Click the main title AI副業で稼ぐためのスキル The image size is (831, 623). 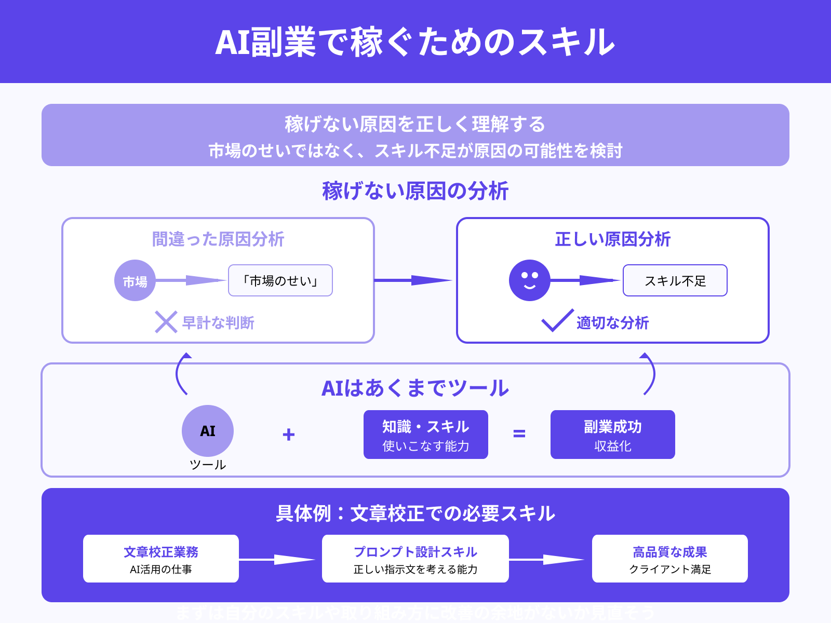click(415, 42)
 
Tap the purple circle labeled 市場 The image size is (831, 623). click(135, 280)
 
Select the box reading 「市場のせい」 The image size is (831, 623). click(280, 280)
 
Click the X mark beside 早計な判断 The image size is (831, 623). click(166, 322)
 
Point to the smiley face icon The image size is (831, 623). click(530, 280)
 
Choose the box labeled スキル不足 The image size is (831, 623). click(675, 280)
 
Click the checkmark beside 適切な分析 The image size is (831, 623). click(557, 321)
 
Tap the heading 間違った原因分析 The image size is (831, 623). click(218, 239)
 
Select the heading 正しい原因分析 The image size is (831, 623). click(613, 239)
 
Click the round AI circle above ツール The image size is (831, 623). click(208, 431)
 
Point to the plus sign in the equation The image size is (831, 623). click(289, 434)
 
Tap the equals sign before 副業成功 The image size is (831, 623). click(519, 434)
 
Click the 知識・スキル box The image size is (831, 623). click(426, 435)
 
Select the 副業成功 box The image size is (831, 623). click(613, 435)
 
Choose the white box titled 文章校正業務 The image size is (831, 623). click(161, 559)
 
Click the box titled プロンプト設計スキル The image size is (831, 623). click(415, 559)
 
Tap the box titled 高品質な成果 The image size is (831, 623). click(670, 559)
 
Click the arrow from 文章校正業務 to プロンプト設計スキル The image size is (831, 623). click(278, 560)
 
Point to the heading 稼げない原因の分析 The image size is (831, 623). click(415, 191)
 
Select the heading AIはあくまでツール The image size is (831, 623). click(415, 388)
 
